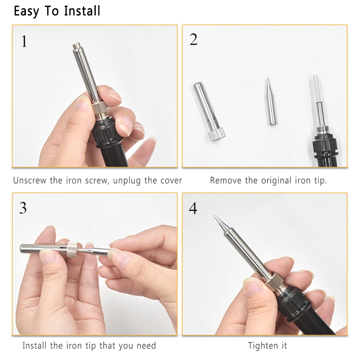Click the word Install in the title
[x=82, y=11]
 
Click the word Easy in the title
[x=26, y=12]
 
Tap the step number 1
[x=24, y=41]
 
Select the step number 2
[x=193, y=39]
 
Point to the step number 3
[x=23, y=208]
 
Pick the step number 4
[x=193, y=208]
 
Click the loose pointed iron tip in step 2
[x=271, y=102]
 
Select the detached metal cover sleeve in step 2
[x=208, y=111]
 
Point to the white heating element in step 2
[x=317, y=89]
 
